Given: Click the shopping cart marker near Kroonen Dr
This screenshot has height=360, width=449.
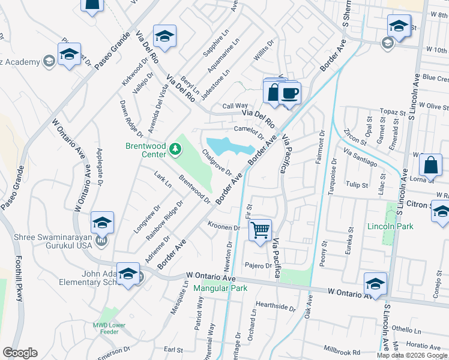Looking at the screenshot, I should tap(260, 230).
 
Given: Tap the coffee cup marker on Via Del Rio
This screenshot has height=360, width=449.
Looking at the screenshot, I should tap(289, 94).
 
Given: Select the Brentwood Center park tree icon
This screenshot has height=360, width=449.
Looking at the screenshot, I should tap(175, 148).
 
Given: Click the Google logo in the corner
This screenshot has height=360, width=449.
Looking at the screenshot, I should tap(20, 353).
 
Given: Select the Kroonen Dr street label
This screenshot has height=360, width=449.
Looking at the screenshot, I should tap(224, 227).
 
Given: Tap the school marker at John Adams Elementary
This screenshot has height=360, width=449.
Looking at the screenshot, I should tap(127, 275).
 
